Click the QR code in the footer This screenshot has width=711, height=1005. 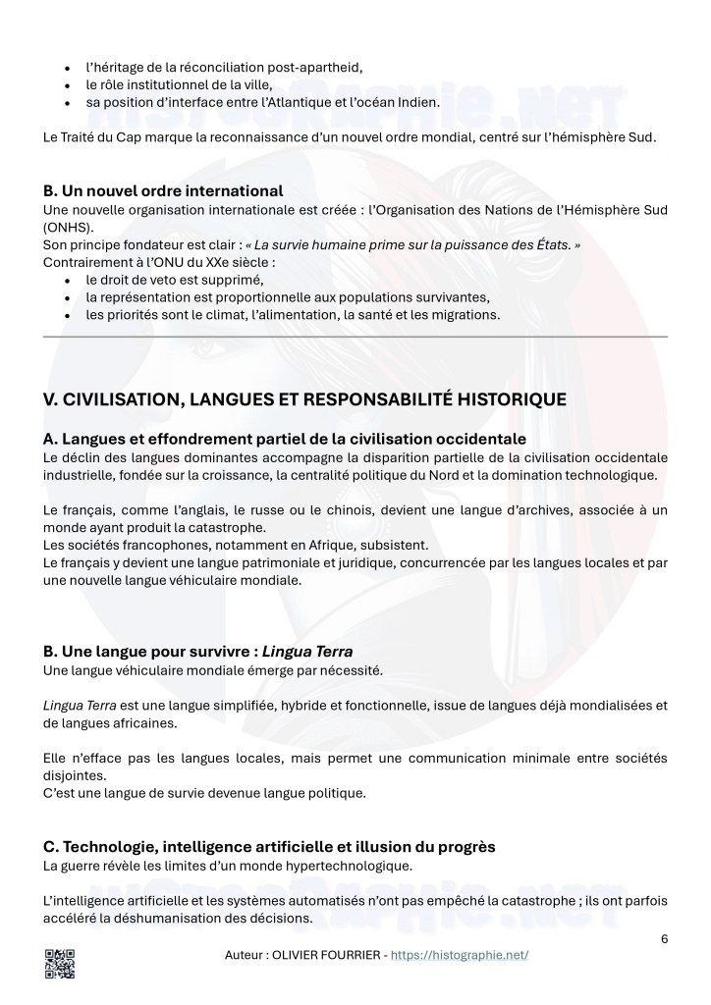(x=60, y=964)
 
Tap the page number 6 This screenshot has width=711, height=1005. (x=665, y=938)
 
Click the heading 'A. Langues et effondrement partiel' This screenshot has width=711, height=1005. (x=285, y=439)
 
